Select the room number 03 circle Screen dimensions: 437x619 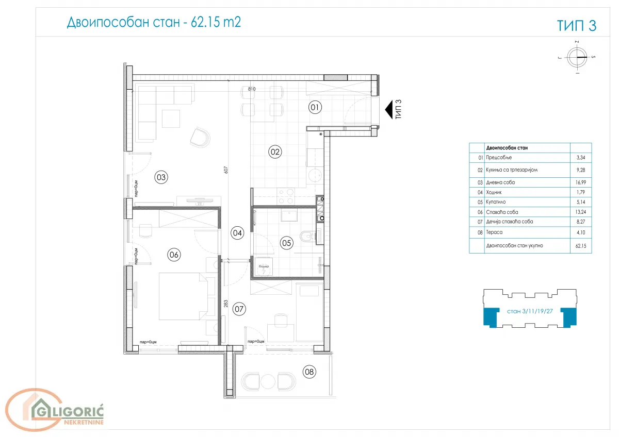click(x=161, y=178)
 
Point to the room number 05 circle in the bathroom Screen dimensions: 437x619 click(x=286, y=242)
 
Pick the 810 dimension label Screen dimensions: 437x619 click(x=252, y=89)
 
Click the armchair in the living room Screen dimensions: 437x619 click(x=200, y=137)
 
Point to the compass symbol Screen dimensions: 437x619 click(x=577, y=57)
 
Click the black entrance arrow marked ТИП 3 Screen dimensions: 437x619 click(x=388, y=109)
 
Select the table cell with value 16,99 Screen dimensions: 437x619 click(x=581, y=182)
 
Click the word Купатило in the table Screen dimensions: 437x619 click(x=496, y=203)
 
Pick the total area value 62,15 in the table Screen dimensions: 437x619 click(x=581, y=246)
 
